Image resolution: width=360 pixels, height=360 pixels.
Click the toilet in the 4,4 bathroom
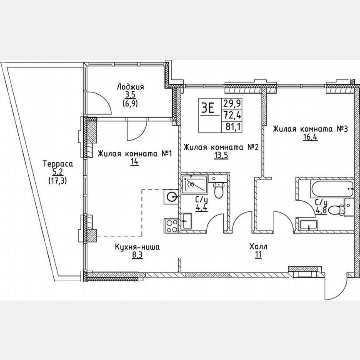217,191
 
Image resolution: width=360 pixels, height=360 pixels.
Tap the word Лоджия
130,87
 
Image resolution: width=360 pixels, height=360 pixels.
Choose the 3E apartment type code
208,108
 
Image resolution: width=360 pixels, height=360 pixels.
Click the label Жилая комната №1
135,154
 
